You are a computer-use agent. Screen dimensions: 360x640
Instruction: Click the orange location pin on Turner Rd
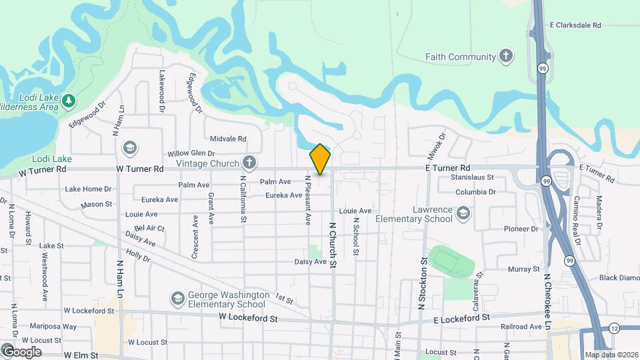pos(320,159)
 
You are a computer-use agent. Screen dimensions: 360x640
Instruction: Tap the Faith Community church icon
pos(507,56)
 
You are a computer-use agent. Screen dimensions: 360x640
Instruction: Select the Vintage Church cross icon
pos(249,163)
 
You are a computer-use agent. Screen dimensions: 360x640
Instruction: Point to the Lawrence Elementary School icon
pos(463,213)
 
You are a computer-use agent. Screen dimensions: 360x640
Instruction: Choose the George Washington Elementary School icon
pos(177,298)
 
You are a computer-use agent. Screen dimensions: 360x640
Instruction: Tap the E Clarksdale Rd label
pos(575,25)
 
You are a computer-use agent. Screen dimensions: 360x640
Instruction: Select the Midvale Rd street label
pos(228,139)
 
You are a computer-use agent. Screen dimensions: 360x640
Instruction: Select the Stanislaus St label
pos(472,178)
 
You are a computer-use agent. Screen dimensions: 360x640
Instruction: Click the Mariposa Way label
pos(53,327)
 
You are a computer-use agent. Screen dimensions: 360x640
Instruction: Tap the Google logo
pos(21,352)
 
